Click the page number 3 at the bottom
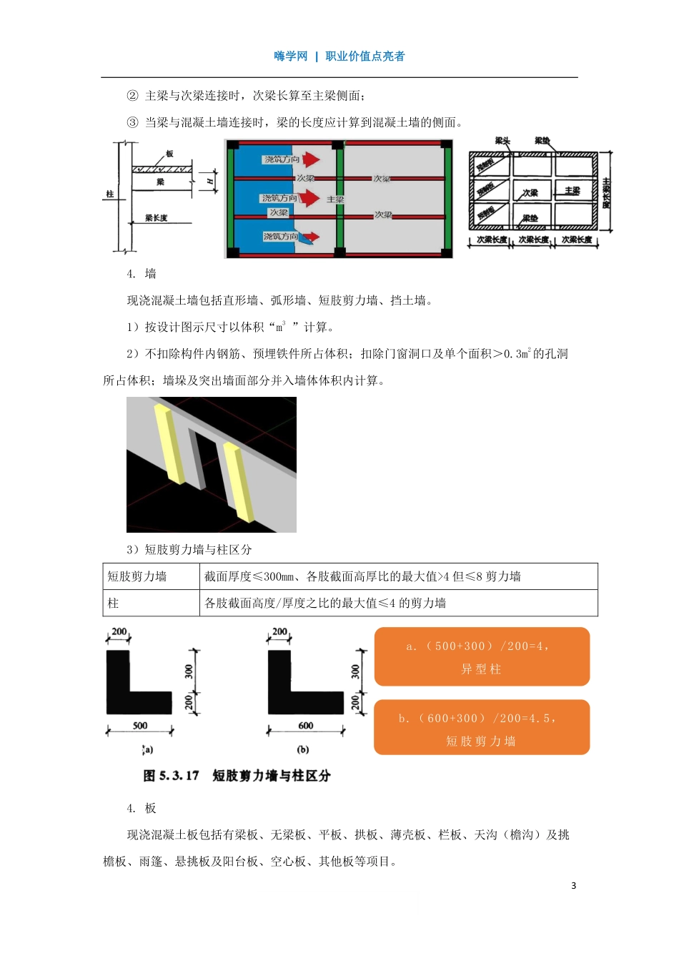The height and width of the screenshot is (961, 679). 573,885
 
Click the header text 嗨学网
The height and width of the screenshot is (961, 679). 290,56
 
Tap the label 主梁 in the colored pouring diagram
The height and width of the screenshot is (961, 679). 335,199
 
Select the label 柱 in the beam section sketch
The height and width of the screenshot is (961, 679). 109,194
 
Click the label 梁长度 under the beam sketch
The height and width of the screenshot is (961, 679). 156,218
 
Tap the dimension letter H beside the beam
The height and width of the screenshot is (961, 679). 209,181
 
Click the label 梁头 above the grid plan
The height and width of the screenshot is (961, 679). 502,141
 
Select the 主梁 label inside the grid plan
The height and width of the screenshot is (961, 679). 573,191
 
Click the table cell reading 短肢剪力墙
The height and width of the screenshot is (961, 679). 137,576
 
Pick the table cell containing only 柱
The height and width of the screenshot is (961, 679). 113,603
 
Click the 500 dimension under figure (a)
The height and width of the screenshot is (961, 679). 140,725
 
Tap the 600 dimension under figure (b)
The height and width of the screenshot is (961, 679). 306,725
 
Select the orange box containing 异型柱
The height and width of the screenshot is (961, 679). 482,656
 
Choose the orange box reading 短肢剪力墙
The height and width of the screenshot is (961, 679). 481,728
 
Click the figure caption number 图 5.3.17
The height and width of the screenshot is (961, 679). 171,776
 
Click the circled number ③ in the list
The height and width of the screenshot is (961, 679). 132,122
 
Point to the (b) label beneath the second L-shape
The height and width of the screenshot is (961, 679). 303,749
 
